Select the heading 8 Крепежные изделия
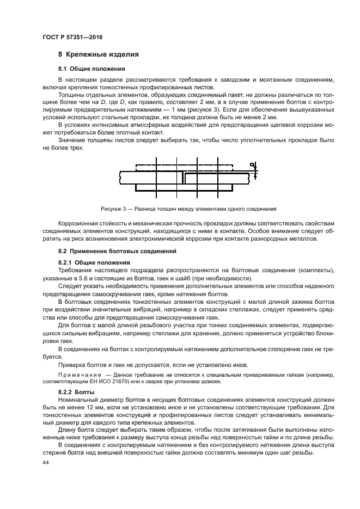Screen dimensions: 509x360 [98, 54]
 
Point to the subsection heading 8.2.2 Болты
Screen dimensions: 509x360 [77, 392]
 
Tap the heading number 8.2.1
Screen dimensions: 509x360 [66, 263]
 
